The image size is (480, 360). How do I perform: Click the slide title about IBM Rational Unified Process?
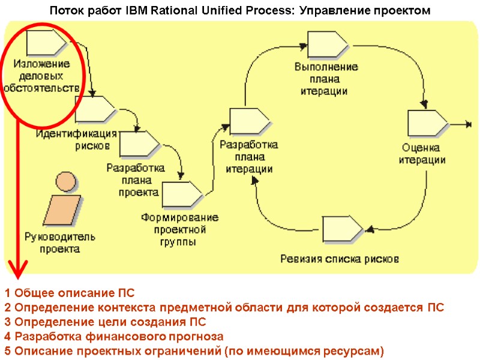coord(239,11)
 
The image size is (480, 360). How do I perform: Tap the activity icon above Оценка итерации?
coord(427,123)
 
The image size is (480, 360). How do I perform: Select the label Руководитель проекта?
coord(59,243)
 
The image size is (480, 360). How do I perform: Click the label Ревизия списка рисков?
coord(340,259)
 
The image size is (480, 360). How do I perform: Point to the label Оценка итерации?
coord(422,154)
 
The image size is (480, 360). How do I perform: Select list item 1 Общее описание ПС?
coord(70,293)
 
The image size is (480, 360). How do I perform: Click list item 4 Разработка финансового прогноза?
coord(113,337)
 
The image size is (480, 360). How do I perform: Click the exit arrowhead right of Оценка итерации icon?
coord(468,125)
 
